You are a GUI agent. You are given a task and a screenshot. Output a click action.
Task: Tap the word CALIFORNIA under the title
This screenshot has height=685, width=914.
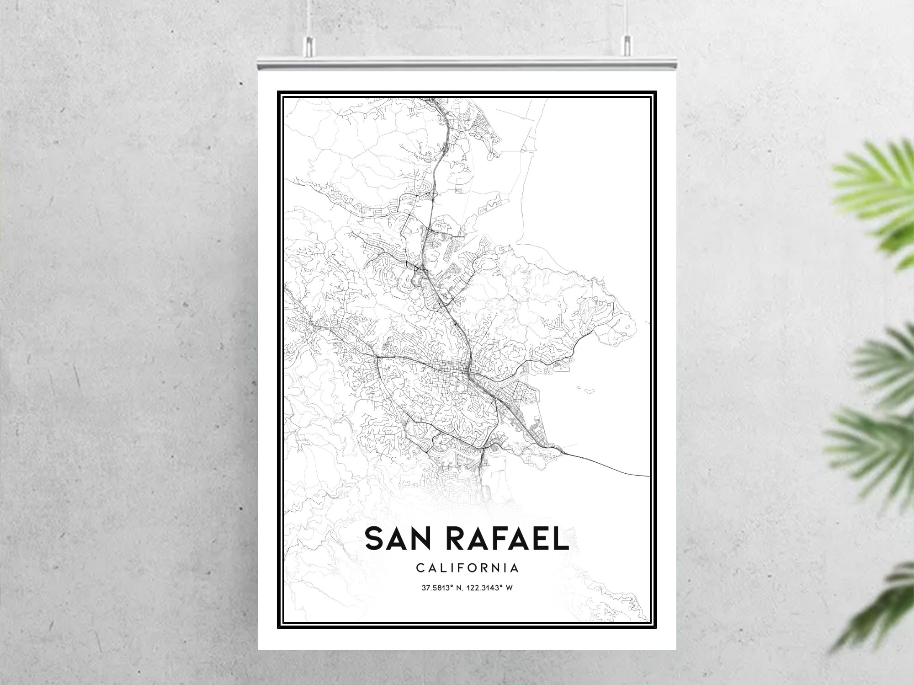pos(468,568)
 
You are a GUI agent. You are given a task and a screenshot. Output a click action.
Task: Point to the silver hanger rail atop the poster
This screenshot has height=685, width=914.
pos(466,64)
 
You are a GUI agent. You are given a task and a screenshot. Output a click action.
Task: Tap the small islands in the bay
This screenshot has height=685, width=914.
pos(587,390)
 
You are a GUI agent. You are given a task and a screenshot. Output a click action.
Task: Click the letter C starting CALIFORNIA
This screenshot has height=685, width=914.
pos(420,568)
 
